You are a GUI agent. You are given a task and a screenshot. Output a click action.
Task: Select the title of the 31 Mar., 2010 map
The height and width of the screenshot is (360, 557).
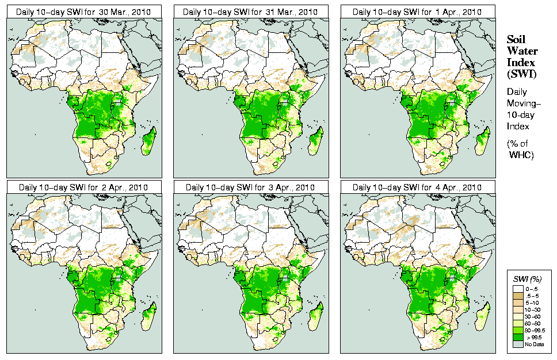coord(250,12)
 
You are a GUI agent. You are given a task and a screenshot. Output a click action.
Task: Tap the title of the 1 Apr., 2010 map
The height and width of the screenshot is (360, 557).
coord(417,12)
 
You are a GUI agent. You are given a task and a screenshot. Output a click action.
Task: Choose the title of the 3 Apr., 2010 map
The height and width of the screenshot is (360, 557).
coord(250,187)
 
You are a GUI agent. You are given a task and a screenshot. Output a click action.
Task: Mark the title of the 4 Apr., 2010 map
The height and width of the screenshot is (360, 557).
coord(417,187)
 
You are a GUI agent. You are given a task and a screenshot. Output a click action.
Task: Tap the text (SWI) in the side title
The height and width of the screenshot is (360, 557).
coord(521,74)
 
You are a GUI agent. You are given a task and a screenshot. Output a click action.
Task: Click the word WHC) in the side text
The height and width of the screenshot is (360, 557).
coord(521,155)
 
